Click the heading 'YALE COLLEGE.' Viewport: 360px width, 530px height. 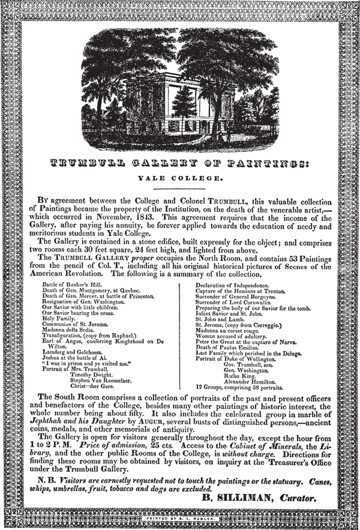(x=179, y=178)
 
